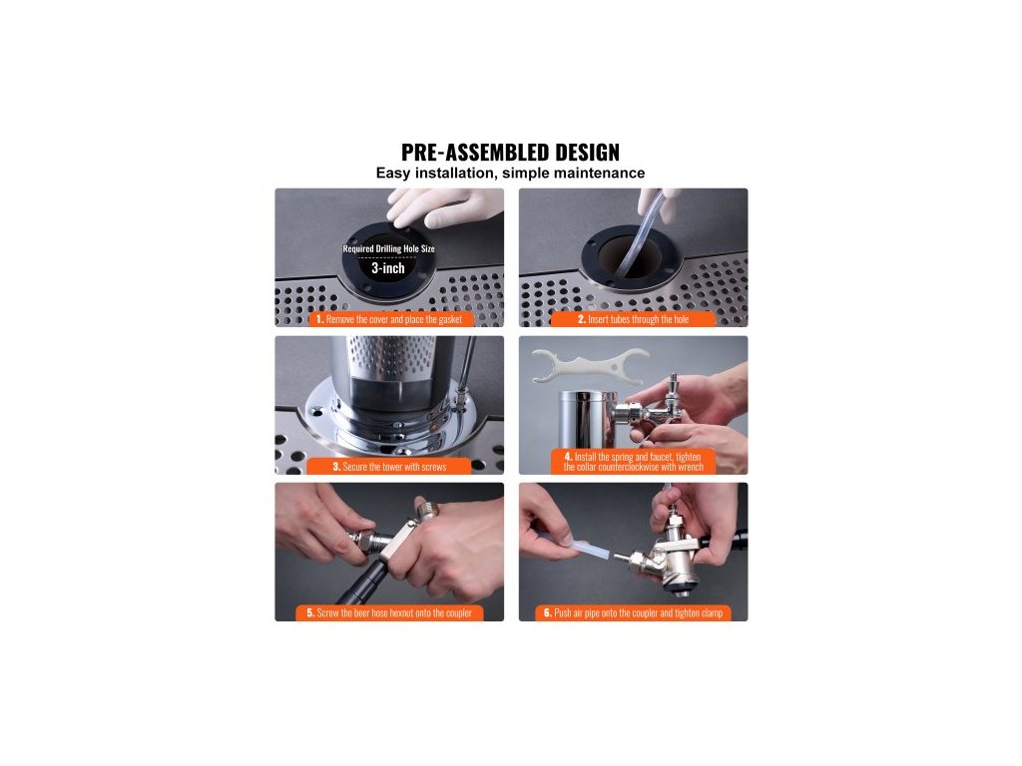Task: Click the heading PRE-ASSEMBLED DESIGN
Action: pos(510,153)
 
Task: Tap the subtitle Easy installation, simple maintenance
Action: pos(510,174)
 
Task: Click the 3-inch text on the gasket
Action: pos(388,268)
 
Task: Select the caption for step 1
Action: pos(389,319)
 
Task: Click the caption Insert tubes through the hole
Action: pos(633,319)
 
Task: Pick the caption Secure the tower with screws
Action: pos(389,467)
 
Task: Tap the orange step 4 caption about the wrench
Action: pos(633,461)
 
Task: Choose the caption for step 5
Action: pos(389,613)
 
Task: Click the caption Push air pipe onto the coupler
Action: pos(633,613)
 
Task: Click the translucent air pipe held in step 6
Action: pos(568,547)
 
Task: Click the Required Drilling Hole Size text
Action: pos(388,248)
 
